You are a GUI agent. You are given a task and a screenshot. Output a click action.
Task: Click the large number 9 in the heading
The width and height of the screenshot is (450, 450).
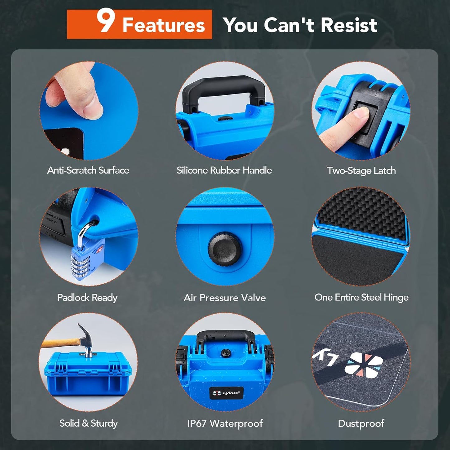tap(106, 21)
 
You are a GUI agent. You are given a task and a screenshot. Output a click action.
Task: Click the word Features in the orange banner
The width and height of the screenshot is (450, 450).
tap(164, 25)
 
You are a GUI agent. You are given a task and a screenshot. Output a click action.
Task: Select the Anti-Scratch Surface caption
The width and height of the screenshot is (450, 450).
tap(88, 170)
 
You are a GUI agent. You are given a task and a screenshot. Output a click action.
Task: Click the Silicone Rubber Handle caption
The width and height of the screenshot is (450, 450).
tap(224, 170)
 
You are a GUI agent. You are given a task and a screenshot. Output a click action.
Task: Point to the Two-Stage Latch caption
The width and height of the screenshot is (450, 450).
tap(361, 171)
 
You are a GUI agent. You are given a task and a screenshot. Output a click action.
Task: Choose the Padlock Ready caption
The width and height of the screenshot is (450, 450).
tap(87, 298)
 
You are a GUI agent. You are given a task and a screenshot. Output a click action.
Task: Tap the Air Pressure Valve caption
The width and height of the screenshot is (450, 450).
tap(225, 298)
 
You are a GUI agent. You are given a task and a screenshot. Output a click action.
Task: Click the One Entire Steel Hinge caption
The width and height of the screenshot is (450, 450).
tap(362, 297)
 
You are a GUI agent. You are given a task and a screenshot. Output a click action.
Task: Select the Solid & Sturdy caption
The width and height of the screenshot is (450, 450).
tap(88, 424)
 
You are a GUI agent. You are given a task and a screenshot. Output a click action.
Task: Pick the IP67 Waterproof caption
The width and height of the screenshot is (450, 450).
tap(225, 424)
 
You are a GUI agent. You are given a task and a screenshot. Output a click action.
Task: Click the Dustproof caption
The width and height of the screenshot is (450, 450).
tap(361, 424)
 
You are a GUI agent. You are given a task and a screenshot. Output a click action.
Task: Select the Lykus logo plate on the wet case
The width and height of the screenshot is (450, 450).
tap(226, 393)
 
